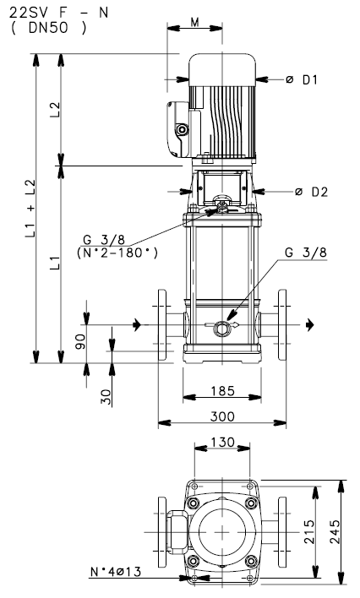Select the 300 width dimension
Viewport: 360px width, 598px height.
coord(221,416)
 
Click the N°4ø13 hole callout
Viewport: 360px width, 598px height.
coord(115,572)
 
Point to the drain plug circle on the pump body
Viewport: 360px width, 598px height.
coord(222,328)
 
